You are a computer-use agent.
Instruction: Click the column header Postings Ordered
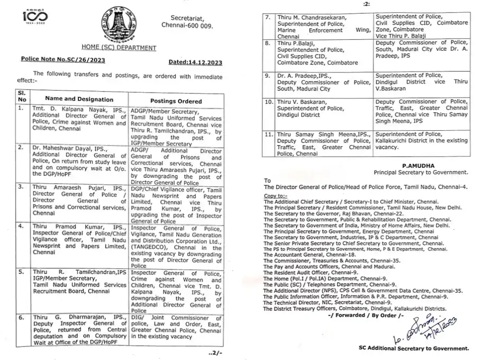pyautogui.click(x=176, y=101)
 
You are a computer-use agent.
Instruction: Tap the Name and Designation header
pyautogui.click(x=79, y=99)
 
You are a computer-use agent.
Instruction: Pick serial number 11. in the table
pyautogui.click(x=269, y=135)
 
